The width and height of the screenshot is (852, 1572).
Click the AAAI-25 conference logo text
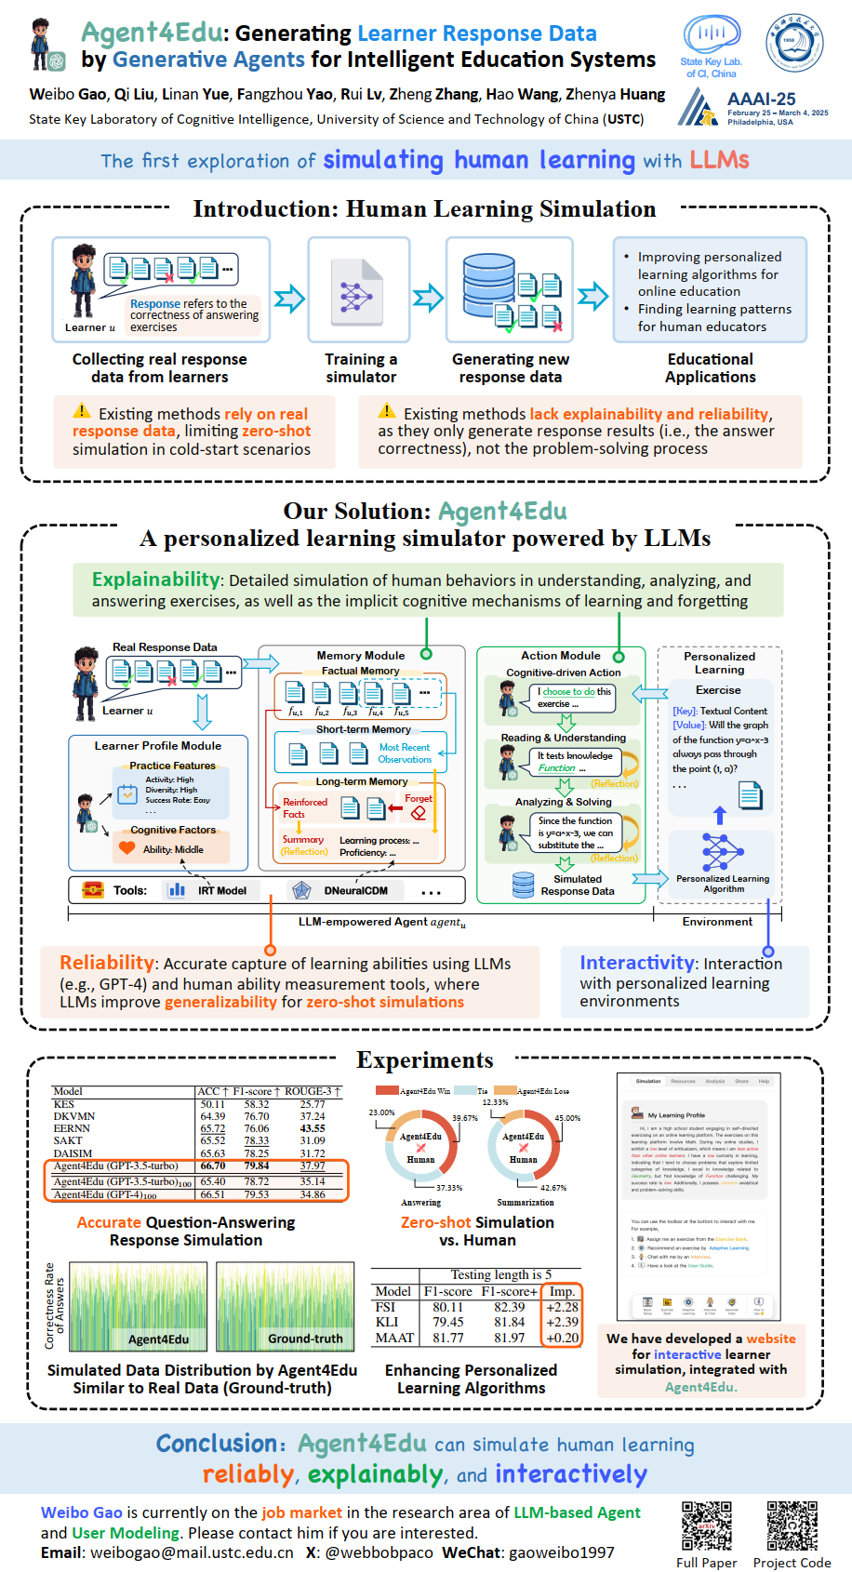(761, 99)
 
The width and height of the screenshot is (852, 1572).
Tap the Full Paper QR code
(706, 1526)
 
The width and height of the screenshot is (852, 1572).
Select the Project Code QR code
(792, 1526)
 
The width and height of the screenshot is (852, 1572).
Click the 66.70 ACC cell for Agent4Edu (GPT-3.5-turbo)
(213, 1166)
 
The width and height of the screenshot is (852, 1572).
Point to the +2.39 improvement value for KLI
(563, 1322)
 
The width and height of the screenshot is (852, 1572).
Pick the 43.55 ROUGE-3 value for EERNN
(313, 1128)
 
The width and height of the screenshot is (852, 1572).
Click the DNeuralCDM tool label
(356, 890)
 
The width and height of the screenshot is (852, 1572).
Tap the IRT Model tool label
(222, 890)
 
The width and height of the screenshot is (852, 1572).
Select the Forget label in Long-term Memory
(419, 798)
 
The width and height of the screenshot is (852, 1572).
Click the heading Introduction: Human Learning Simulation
(424, 209)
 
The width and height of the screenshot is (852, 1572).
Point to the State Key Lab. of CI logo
(712, 47)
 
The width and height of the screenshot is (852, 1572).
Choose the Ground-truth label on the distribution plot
(305, 1339)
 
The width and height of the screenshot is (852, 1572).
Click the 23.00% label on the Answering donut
(381, 1112)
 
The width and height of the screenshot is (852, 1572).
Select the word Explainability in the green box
(155, 580)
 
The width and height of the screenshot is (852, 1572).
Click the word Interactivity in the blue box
(637, 963)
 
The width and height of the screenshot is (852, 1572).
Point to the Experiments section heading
(425, 1060)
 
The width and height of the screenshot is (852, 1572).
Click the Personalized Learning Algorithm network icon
(722, 852)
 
